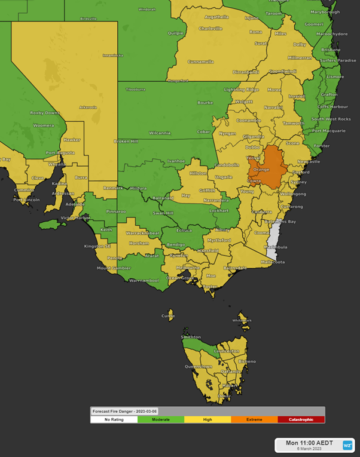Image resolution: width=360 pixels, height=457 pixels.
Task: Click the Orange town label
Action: tap(261, 169)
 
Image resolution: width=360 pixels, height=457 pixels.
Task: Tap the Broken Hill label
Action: tap(126, 142)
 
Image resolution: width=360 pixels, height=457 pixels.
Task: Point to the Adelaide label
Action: tap(75, 204)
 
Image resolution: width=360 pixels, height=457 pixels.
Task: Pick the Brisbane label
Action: tap(330, 50)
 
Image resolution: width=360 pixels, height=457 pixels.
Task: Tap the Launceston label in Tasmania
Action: tap(227, 351)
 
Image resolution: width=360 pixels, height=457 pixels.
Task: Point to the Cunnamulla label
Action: tap(200, 62)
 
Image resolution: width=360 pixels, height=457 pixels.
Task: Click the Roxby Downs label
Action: tap(45, 112)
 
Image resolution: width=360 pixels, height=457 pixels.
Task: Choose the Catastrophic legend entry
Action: tap(301, 419)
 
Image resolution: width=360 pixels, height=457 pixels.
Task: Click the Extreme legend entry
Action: tap(254, 419)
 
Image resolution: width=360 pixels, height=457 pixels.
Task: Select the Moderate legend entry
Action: tap(161, 419)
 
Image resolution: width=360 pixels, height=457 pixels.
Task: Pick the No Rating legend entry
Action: tap(114, 419)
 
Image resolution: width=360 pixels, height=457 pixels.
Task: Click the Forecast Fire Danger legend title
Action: tap(123, 411)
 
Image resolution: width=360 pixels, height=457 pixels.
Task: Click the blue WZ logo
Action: tap(347, 445)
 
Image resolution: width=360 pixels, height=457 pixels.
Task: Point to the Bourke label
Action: tap(205, 102)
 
